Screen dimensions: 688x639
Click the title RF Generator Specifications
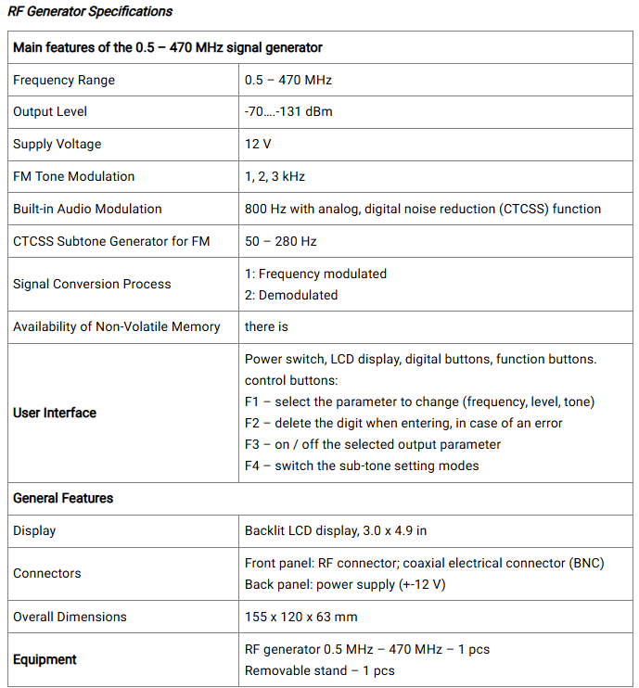90,12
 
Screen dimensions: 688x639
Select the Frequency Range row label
64,80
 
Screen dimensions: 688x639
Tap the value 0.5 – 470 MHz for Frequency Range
288,80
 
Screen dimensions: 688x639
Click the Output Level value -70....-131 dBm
288,112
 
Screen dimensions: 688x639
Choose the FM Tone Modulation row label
74,176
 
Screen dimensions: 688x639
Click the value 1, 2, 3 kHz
275,176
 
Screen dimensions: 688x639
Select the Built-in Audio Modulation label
87,209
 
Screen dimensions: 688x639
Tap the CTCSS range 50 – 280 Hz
280,241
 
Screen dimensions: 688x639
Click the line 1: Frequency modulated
315,274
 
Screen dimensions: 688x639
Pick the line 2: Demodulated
291,295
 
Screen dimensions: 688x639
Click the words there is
267,326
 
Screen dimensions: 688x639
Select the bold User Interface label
55,413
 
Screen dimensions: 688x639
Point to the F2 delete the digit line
403,423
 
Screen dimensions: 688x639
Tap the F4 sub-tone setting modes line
362,465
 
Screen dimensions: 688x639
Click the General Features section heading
63,498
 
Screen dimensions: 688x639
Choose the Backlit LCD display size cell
336,530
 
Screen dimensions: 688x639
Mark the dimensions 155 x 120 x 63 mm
300,617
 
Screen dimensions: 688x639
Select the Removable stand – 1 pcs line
319,670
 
